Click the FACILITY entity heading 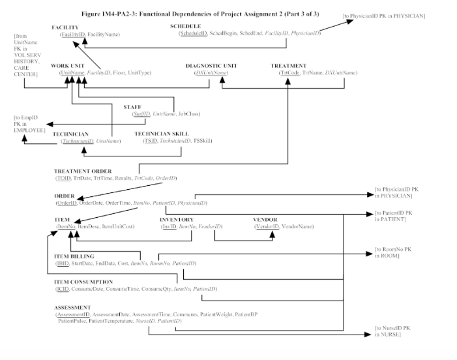click(x=65, y=27)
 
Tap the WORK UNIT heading click(x=68, y=66)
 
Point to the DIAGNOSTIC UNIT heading click(x=211, y=66)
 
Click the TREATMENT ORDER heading click(x=83, y=171)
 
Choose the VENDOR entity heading click(x=265, y=220)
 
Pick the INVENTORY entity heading click(x=178, y=220)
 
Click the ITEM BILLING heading click(x=74, y=256)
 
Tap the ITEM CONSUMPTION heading click(x=83, y=282)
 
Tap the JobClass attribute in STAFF click(x=188, y=113)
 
